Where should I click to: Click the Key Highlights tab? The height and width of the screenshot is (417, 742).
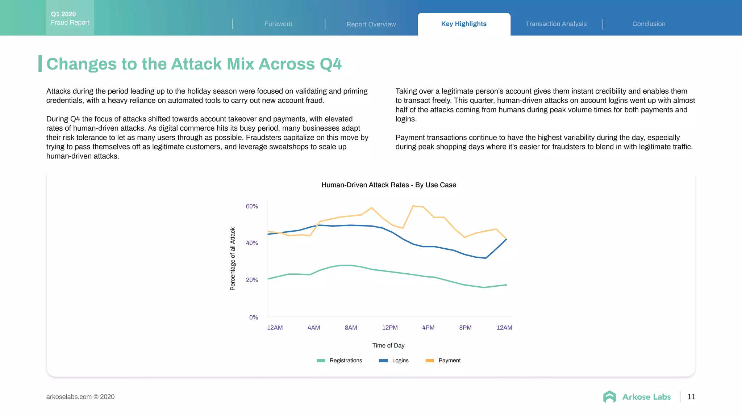click(x=464, y=24)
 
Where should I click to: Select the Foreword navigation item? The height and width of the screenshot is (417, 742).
click(x=278, y=24)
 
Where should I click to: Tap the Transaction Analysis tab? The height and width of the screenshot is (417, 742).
click(x=556, y=24)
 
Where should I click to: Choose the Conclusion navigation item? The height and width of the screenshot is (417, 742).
click(x=649, y=24)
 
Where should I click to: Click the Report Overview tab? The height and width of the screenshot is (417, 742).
click(x=371, y=24)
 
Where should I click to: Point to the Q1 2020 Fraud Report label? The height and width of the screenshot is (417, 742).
click(x=70, y=18)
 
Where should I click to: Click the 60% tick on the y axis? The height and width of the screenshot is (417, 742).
click(x=252, y=206)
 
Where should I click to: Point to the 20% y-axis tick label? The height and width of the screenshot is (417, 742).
click(x=252, y=280)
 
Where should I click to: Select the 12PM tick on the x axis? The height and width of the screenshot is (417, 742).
click(x=390, y=328)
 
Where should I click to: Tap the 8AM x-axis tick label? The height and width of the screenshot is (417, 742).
click(x=351, y=328)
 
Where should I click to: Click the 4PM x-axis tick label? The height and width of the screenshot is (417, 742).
click(x=428, y=328)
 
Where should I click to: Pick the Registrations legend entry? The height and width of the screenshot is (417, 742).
click(x=339, y=361)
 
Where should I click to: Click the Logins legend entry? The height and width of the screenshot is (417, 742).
click(x=394, y=361)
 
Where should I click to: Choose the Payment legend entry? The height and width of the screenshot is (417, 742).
click(x=443, y=361)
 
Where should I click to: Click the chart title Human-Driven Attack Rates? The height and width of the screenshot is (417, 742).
click(x=388, y=185)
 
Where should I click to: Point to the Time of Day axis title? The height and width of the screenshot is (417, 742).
click(x=388, y=345)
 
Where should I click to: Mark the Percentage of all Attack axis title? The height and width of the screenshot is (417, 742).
click(x=233, y=259)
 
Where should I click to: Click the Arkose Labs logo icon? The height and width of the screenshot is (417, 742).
click(x=609, y=397)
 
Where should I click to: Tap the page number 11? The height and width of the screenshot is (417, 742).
click(x=691, y=397)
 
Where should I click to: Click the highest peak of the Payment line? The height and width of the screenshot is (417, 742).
click(x=413, y=206)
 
